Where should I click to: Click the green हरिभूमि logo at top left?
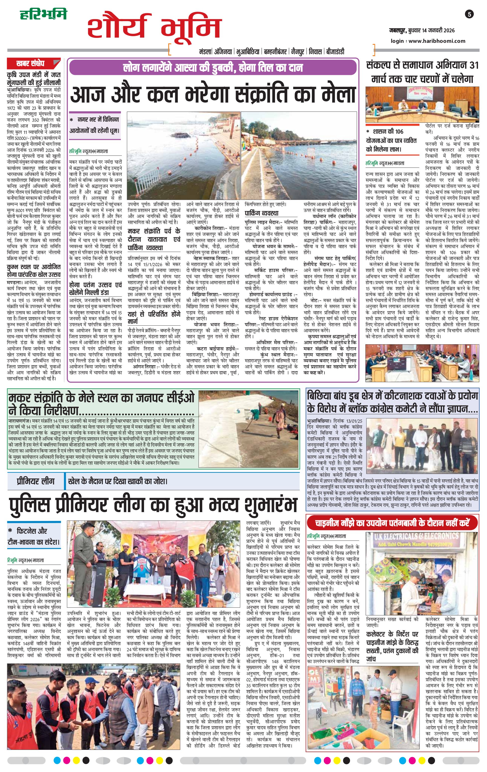tap(43, 14)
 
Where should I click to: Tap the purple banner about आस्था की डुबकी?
tap(213, 68)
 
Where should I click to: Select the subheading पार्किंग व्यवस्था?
tap(262, 213)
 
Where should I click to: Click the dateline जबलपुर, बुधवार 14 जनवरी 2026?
tap(422, 30)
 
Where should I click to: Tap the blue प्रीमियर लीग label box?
tap(36, 481)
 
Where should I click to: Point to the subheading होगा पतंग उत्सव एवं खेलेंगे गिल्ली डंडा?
tap(95, 289)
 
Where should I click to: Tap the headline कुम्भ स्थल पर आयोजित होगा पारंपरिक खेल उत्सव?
tap(34, 271)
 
